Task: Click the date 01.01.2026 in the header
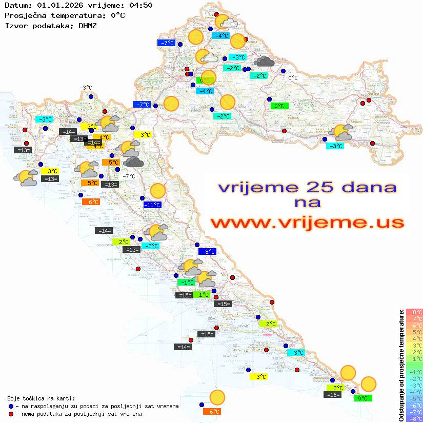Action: [57, 6]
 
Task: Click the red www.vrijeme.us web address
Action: [307, 223]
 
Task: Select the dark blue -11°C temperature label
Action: [152, 205]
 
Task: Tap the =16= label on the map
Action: [332, 395]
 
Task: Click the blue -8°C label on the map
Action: [207, 252]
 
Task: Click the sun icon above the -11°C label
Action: [157, 192]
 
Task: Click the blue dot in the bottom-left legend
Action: [11, 406]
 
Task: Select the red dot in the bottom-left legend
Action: [11, 414]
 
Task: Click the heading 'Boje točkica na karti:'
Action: [41, 398]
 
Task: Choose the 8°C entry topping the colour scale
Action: [414, 312]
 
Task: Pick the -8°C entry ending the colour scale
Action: [414, 418]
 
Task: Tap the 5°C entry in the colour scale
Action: [414, 332]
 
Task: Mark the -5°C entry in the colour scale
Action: [414, 398]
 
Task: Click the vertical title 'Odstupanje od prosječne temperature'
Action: [401, 365]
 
